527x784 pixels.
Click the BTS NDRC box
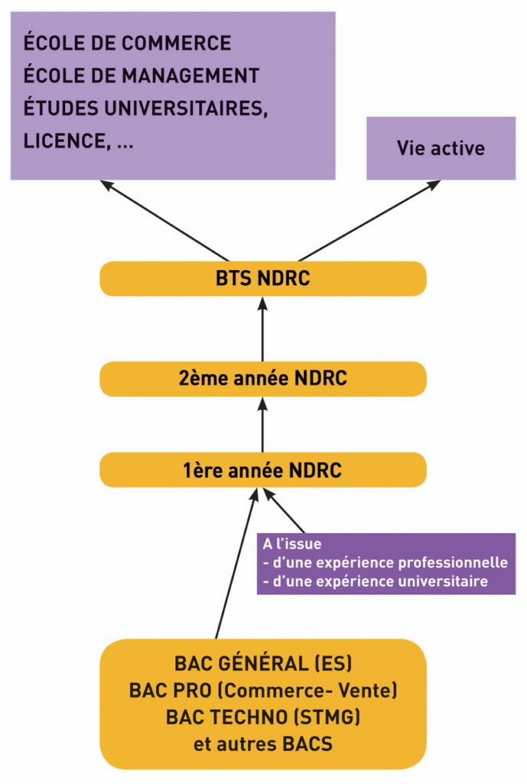[263, 278]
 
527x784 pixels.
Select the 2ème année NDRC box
[263, 379]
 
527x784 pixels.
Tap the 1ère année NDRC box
[263, 470]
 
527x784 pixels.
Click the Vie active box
[440, 148]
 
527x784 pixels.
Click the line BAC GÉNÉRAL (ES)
[263, 663]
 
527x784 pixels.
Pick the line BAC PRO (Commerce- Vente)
[263, 691]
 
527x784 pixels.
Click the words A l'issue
[292, 544]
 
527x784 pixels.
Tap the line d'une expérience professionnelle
[388, 563]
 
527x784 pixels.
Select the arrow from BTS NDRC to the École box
[165, 220]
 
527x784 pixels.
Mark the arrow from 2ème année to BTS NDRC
[263, 329]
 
